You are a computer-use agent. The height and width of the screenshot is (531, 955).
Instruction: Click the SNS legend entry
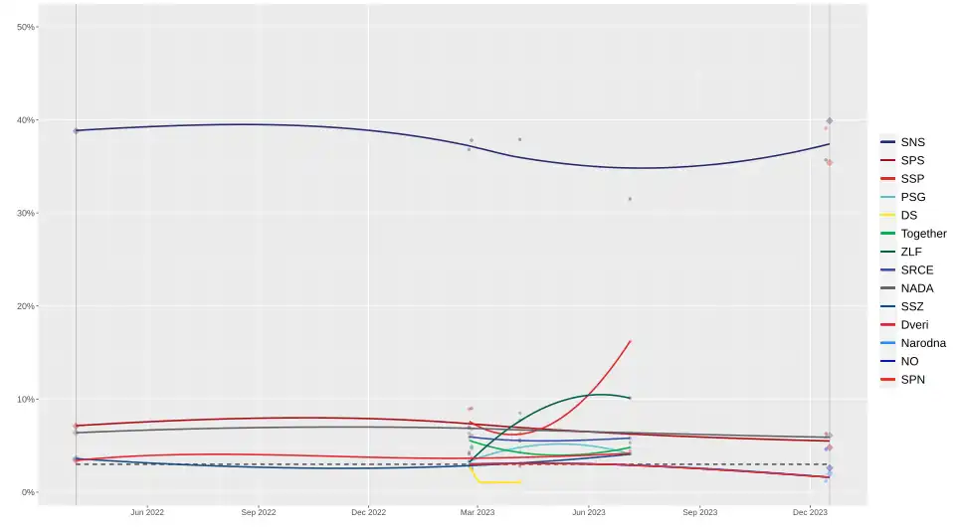(x=912, y=142)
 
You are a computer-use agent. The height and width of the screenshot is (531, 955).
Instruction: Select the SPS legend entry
(x=912, y=160)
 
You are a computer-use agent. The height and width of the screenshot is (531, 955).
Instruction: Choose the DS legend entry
(x=908, y=215)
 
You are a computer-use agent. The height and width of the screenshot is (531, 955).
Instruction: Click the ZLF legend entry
(x=911, y=252)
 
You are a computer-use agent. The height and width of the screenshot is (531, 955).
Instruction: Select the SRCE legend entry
(x=916, y=269)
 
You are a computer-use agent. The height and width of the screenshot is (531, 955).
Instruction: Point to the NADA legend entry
(x=916, y=288)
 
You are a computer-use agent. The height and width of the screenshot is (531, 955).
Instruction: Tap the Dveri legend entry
(x=914, y=324)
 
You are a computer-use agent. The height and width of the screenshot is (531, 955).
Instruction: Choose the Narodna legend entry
(x=922, y=343)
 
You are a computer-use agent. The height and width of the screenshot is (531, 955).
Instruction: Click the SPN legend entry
(x=912, y=379)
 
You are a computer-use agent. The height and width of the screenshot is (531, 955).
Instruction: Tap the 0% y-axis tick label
(x=28, y=492)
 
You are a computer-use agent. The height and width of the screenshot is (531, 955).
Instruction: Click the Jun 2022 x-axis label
(x=147, y=512)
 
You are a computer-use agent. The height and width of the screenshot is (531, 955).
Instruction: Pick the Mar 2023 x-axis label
(x=477, y=512)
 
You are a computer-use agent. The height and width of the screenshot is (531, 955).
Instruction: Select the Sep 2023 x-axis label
(x=699, y=512)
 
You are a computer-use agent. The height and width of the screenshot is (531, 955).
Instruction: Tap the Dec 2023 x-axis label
(x=810, y=512)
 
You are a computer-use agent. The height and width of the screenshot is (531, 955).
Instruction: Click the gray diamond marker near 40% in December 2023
(x=830, y=120)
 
